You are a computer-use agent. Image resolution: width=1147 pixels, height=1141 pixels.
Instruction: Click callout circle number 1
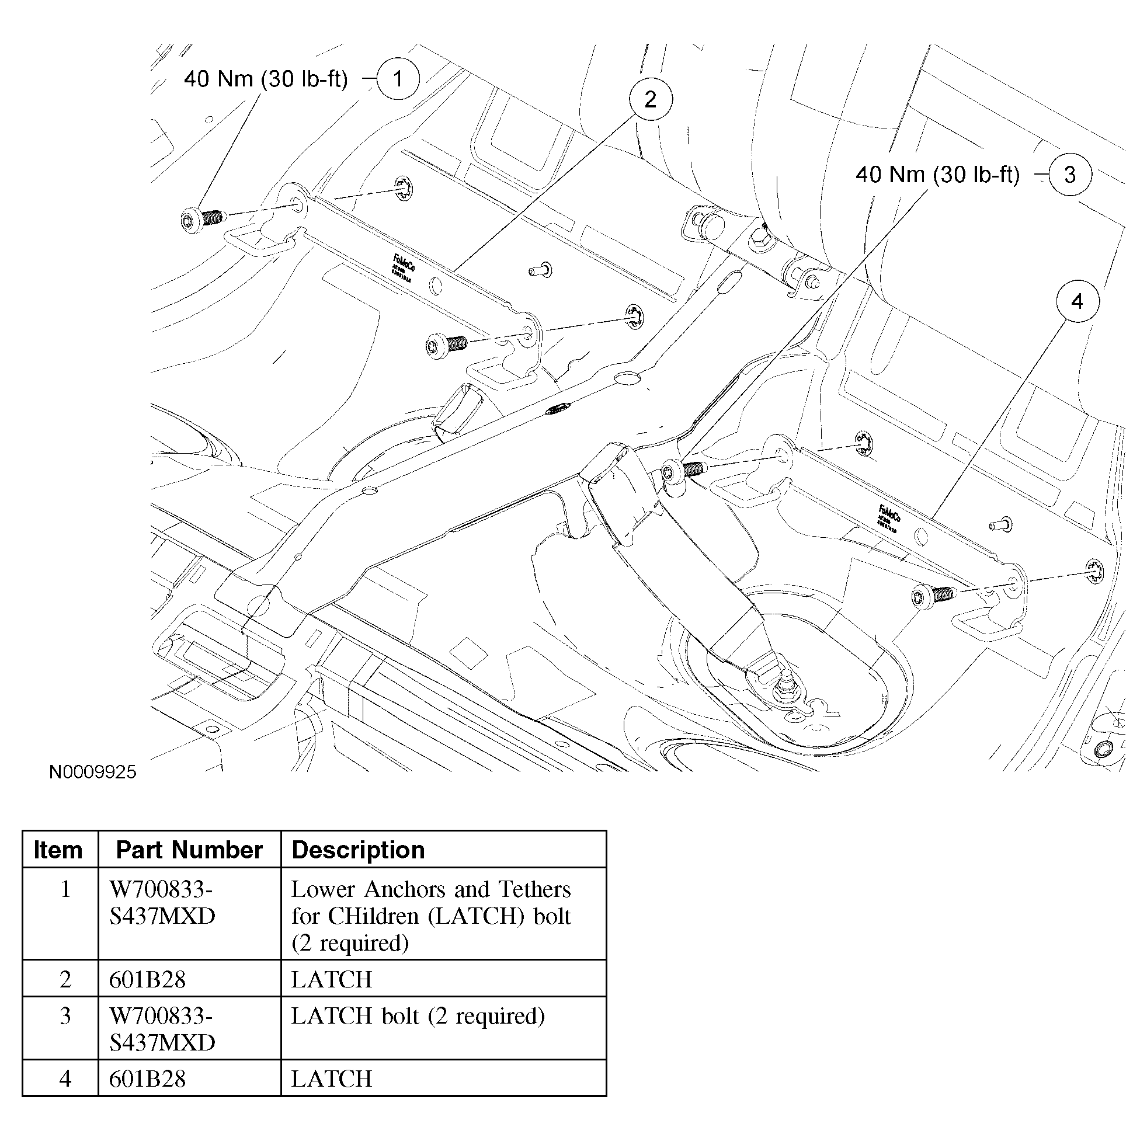point(398,78)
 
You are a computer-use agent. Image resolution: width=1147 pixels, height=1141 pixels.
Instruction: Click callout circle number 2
point(650,99)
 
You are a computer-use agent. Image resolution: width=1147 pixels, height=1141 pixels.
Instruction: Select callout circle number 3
point(1069,175)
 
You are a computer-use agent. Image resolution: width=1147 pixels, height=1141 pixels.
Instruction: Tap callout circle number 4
point(1077,301)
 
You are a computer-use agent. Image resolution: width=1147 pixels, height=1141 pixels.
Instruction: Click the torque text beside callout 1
point(265,79)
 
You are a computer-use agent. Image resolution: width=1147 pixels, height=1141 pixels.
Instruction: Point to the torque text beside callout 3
point(937,175)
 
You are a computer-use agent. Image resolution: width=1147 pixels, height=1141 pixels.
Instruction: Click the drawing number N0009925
point(93,772)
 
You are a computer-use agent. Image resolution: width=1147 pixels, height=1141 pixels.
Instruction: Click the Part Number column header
point(189,850)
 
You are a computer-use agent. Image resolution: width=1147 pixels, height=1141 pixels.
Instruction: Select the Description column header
point(358,850)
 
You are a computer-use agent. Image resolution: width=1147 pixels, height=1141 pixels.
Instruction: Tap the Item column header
point(58,850)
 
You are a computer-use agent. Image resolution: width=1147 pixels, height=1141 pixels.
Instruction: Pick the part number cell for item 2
point(148,979)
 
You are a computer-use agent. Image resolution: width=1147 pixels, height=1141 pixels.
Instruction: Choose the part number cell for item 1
point(162,902)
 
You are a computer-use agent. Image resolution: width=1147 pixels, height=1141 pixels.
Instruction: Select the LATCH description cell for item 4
point(331,1079)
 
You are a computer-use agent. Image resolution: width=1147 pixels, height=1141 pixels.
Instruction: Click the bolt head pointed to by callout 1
point(190,220)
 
